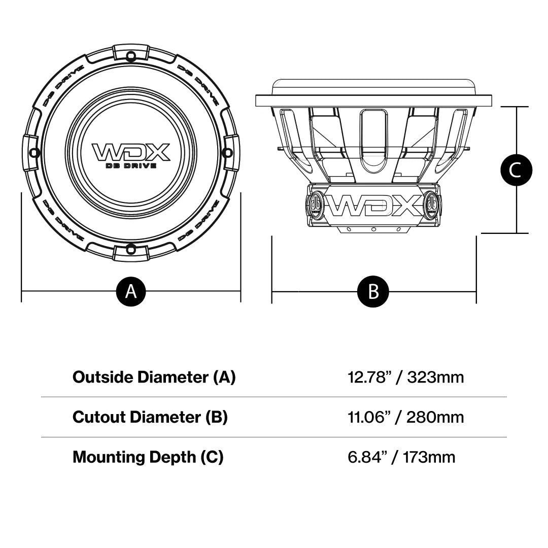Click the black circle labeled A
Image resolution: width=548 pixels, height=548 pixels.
pos(131,291)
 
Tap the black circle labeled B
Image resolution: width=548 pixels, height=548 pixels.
pos(373,291)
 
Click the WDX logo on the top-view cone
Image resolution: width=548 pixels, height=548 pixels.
pos(130,152)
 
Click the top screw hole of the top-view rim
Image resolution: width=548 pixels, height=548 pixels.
pos(131,54)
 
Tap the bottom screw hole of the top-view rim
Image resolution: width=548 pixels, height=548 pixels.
pos(131,249)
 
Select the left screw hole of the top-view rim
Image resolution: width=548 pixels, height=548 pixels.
pos(35,152)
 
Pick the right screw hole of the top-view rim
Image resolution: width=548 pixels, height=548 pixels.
pos(227,152)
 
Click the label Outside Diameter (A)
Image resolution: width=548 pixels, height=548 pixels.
pos(154,377)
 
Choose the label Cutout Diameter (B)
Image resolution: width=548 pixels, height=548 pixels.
pos(150,417)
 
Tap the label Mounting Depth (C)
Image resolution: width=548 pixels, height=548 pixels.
pos(148,457)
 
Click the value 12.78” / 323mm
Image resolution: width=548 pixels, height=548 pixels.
pos(405,377)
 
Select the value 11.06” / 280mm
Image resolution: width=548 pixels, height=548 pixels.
pos(405,417)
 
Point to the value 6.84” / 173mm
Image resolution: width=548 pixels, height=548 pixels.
pos(401,457)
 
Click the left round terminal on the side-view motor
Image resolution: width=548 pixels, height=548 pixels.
pos(316,204)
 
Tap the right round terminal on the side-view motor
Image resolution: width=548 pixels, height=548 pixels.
pos(432,204)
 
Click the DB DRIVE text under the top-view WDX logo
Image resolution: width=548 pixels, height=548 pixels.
pos(130,166)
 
